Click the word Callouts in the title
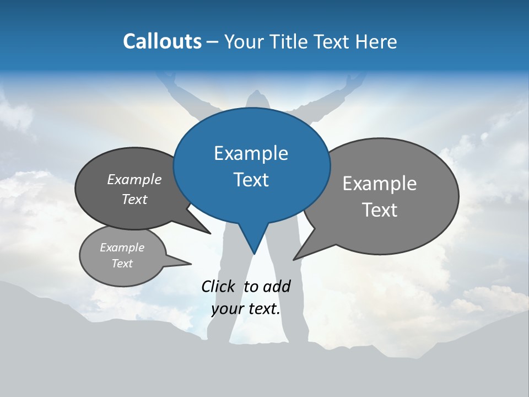[x=162, y=41]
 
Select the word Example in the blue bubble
[x=251, y=153]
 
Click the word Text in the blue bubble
[x=251, y=180]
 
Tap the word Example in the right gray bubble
[x=380, y=184]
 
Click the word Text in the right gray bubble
[x=380, y=210]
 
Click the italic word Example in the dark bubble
[x=134, y=180]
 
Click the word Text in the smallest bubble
[x=122, y=264]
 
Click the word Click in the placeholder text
[x=219, y=286]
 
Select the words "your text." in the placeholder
[x=246, y=309]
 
